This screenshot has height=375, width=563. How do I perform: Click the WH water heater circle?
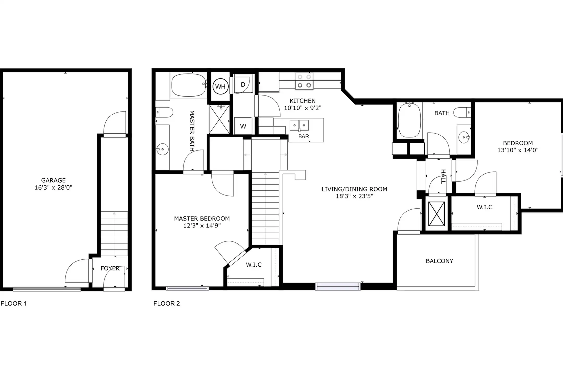(220, 86)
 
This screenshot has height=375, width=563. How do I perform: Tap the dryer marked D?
(243, 84)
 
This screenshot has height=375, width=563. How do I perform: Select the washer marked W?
(243, 126)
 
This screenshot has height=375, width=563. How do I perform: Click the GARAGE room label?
(53, 180)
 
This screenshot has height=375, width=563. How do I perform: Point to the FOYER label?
(110, 268)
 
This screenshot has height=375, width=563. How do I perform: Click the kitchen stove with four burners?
(304, 81)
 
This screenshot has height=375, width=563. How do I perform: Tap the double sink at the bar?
(299, 126)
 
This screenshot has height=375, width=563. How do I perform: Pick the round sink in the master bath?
(162, 149)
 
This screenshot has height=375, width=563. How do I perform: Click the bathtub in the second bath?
(409, 120)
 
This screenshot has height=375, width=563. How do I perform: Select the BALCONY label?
(439, 261)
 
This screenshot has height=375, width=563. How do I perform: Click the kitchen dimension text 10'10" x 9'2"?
(303, 108)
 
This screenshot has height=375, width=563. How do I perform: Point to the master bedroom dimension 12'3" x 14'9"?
(202, 226)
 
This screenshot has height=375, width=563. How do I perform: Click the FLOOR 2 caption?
(167, 303)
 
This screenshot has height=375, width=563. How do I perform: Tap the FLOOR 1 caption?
(14, 303)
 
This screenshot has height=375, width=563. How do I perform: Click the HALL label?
(443, 177)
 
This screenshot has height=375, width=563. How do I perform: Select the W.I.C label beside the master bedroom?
(254, 265)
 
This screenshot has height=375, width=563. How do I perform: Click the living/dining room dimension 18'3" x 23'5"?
(354, 196)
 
